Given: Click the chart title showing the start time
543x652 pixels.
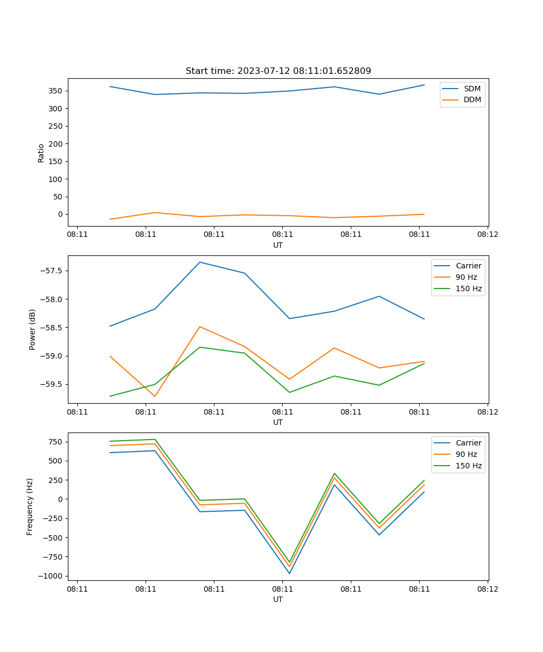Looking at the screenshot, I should coord(278,71).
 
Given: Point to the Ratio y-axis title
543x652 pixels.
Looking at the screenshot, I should coord(41,153).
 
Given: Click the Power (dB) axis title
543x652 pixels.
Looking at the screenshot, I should coord(33,329).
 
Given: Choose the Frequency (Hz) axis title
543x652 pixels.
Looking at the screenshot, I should coord(30,506).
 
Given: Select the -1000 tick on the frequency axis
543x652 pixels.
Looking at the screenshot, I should coord(50,576).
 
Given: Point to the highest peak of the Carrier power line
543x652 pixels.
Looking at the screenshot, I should coord(200,262).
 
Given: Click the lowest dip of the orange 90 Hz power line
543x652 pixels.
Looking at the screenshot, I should coord(155,396).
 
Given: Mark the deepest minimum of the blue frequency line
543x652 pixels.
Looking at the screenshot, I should coord(289,573).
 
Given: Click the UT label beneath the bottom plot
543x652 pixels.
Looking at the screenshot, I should coord(278,599).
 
